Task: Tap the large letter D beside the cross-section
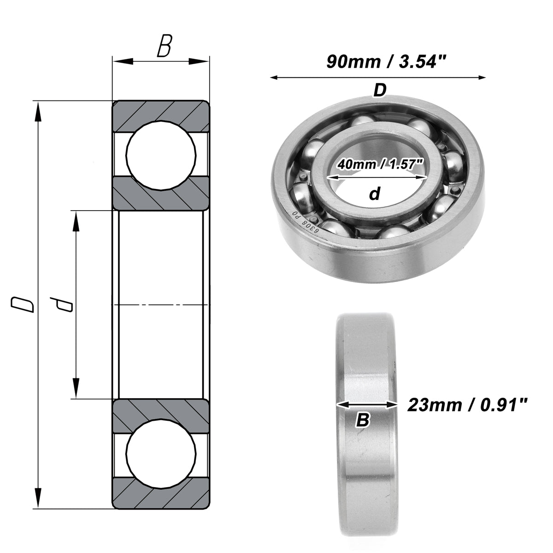pos(23,305)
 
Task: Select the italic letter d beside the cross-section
pos(61,304)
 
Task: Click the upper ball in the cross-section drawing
pos(161,155)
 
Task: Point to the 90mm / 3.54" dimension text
pos(386,62)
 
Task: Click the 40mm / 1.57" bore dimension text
pos(381,165)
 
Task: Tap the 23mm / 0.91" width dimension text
pos(467,405)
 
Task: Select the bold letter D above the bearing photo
pos(380,90)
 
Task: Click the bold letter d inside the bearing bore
pos(375,194)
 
